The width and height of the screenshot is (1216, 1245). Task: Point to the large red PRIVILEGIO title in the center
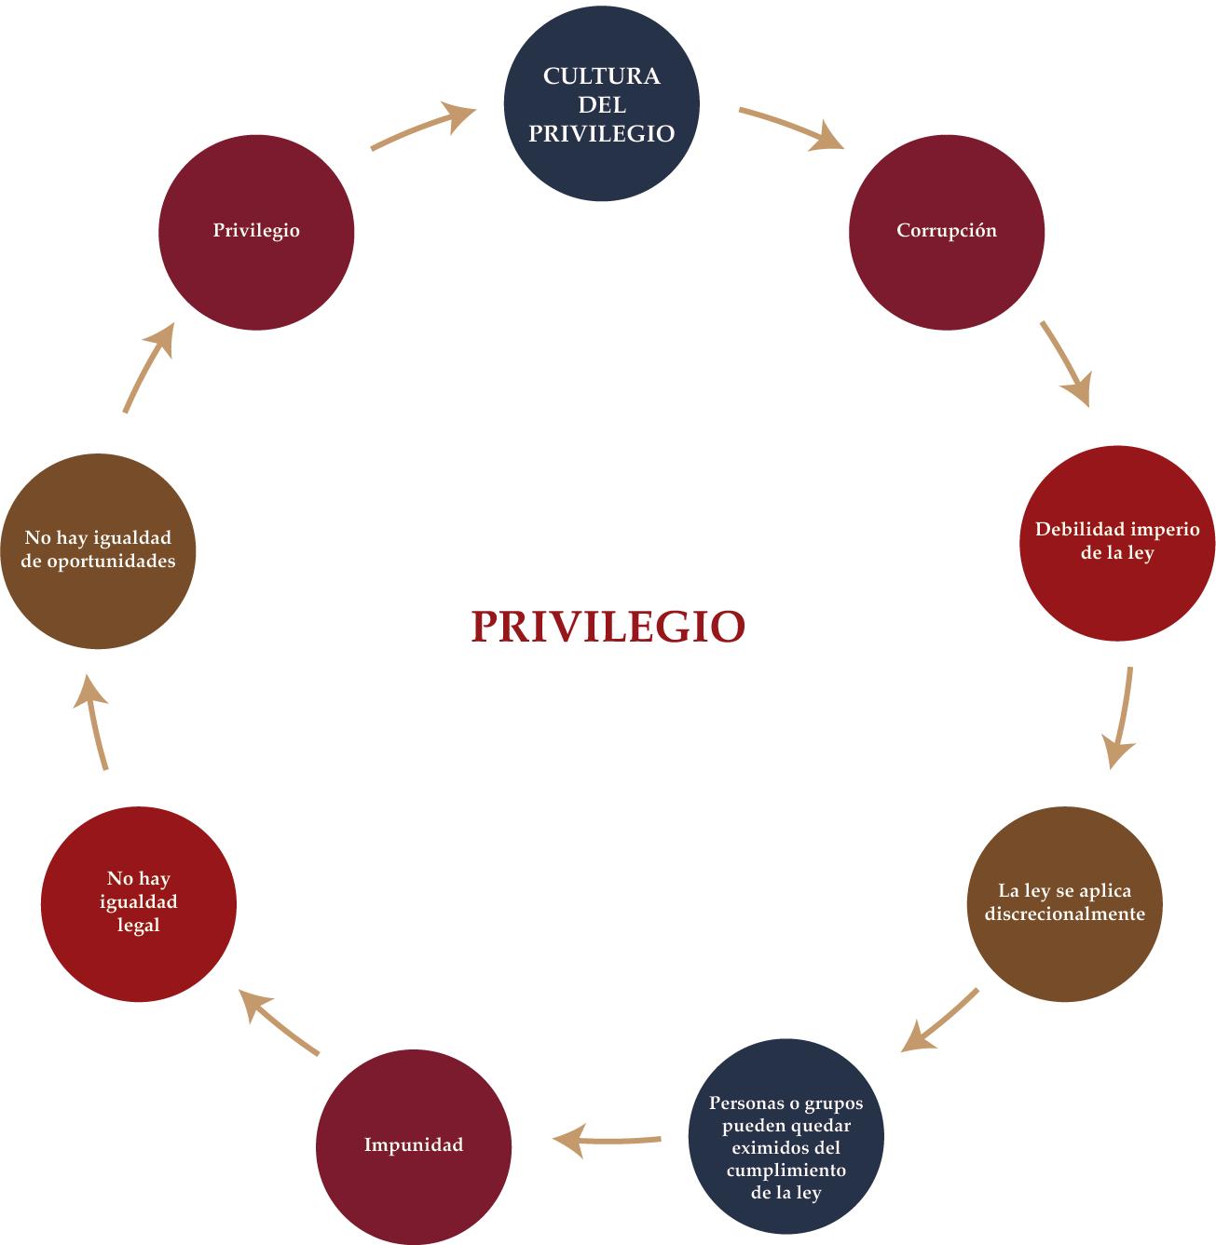click(x=608, y=627)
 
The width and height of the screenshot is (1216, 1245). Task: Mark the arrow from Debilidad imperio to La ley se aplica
click(x=1121, y=717)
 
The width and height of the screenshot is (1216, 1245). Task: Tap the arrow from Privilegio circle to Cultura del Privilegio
click(x=424, y=127)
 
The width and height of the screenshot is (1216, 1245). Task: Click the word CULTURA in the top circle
click(x=601, y=76)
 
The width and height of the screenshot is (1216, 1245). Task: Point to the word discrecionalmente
click(x=1065, y=913)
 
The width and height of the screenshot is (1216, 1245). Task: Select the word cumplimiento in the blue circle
click(x=786, y=1170)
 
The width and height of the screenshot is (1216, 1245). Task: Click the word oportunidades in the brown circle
click(x=98, y=562)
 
